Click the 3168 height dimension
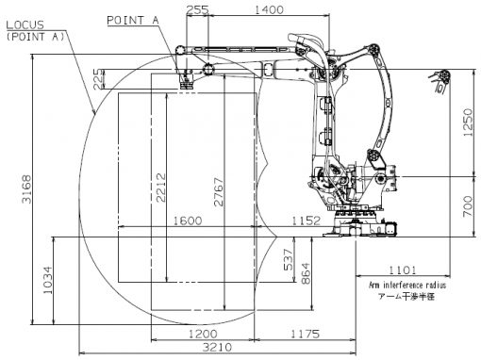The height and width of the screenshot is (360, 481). pos(26,189)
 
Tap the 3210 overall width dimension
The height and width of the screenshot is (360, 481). pos(217,347)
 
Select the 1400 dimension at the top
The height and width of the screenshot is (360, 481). pos(269,9)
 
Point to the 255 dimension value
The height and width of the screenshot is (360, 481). pos(197,9)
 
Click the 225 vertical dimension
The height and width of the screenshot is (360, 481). pos(98,79)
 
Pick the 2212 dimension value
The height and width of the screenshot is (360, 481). pos(161,188)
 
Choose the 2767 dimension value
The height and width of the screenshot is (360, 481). pos(218,192)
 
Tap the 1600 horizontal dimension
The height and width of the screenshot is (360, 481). pos(188,221)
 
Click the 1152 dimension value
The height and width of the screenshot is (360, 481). pos(307,221)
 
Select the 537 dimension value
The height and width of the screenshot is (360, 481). pos(288,259)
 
